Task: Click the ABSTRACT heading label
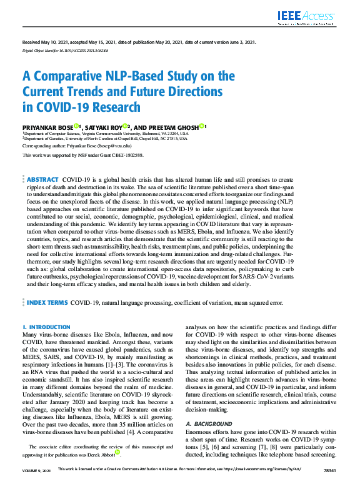43,179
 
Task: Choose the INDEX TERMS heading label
47,302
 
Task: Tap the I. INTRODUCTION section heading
46,327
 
